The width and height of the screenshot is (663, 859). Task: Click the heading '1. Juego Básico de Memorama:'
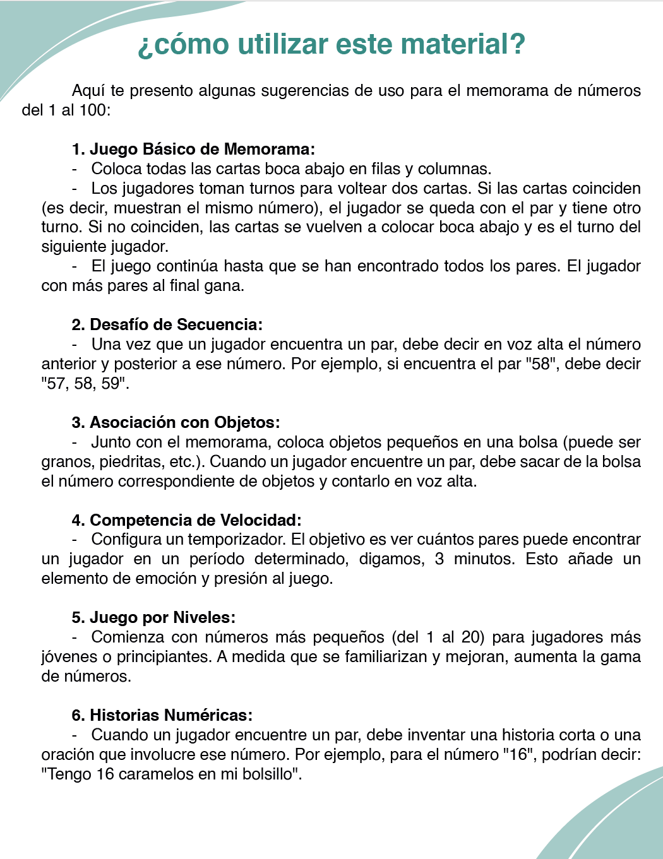(193, 149)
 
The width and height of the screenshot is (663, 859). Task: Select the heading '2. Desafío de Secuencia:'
(167, 324)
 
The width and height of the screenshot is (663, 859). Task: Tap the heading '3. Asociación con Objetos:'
(175, 422)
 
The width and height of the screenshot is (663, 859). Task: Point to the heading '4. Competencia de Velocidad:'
(186, 520)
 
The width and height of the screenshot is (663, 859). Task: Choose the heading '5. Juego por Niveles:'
(153, 617)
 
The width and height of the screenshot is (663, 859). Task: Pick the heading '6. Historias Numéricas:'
(162, 715)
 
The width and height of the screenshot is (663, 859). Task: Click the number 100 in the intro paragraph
(93, 110)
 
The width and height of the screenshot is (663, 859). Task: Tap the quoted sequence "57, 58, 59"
(84, 383)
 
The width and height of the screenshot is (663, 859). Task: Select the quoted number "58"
(541, 364)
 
